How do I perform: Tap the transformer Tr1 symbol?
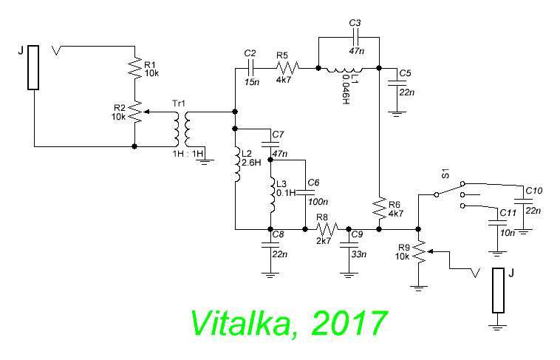181,129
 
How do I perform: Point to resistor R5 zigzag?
285,69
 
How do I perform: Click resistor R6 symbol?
379,209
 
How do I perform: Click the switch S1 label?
445,174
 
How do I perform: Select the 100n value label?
314,201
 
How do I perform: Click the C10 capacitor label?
533,191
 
